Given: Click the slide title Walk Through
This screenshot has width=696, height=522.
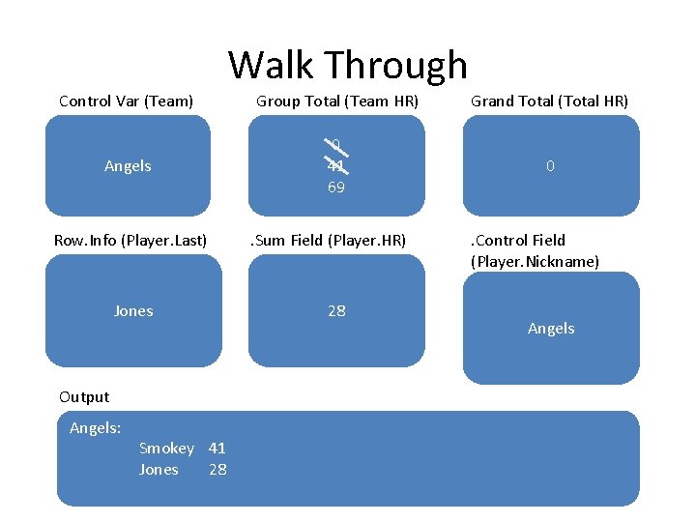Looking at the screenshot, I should pos(348,65).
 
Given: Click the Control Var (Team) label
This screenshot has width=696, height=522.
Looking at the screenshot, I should pos(126,101).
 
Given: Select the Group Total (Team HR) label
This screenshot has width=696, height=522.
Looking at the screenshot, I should pos(336,101).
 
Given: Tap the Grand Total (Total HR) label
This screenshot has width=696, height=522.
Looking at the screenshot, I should pos(549,101).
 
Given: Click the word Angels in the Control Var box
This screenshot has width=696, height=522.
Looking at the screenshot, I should pos(128,166).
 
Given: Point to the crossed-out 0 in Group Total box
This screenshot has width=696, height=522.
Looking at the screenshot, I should pos(335,146).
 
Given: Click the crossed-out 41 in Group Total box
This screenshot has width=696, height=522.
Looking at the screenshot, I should pos(335,166).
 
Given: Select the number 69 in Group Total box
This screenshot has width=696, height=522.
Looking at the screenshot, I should pos(335,188).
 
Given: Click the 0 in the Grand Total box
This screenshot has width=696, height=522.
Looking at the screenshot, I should pos(550,166).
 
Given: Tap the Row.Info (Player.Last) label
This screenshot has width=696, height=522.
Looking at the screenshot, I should pos(130,240).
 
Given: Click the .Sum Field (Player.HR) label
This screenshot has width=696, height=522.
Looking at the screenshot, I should pos(329,240).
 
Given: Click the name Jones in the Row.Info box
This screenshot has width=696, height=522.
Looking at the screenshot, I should pos(133,311).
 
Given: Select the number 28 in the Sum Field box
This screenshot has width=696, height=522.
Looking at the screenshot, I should pos(336,311).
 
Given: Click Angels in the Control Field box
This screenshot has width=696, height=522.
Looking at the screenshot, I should pos(551,329).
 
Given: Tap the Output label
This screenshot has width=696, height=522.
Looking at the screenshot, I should pos(84,396).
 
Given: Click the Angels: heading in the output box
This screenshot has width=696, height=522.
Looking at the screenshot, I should pos(95,427).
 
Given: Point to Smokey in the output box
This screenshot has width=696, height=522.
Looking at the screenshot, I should pos(166,449).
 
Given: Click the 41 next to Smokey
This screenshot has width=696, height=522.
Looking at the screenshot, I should pos(217,449).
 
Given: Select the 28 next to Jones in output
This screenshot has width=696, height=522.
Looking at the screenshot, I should pos(217,470).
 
